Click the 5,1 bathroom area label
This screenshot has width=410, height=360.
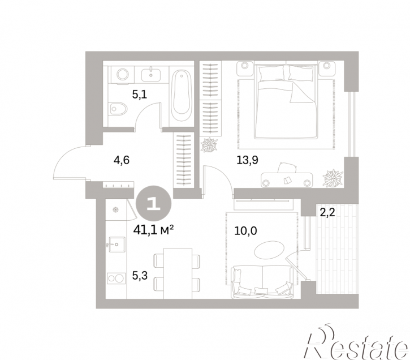coord(140,94)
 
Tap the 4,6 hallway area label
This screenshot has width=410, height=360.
coord(122,160)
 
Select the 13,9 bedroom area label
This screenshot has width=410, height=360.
coord(247,160)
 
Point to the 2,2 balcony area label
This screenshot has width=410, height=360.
coord(327,212)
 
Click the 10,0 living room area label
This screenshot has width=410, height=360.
coord(245,231)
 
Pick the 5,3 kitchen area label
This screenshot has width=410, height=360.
coord(140,276)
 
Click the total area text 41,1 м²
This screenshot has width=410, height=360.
coord(153,230)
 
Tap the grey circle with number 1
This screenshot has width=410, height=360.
coord(153,203)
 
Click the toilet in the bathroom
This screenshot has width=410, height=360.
coord(118,108)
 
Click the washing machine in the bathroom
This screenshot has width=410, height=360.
coord(122,75)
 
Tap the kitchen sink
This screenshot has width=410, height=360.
coord(116,245)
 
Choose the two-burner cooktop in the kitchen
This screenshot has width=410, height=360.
coord(116,278)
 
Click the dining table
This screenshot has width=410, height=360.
coord(178,273)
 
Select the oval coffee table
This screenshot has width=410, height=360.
coord(269,250)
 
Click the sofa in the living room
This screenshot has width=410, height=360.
coord(262,282)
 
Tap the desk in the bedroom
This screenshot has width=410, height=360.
coord(287,180)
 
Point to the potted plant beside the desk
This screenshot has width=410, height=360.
coord(333,178)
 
